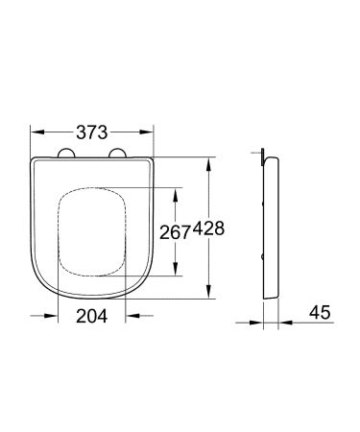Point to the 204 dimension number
(93, 315)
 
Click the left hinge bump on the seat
(69, 152)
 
